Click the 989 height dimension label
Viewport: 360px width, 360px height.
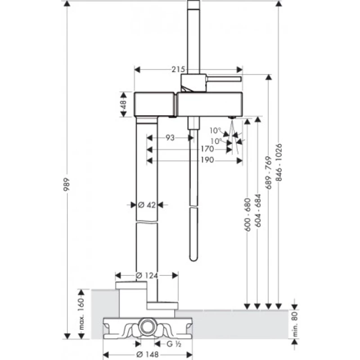(67, 184)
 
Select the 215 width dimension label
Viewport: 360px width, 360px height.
(178, 69)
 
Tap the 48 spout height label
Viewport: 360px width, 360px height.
(123, 104)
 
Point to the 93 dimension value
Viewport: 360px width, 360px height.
(170, 138)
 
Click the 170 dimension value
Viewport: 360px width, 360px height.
(207, 149)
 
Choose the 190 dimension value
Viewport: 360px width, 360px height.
(207, 160)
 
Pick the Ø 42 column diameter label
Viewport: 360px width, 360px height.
(147, 205)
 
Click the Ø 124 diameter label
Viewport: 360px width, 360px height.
(147, 275)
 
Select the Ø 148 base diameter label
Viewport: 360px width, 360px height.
(148, 355)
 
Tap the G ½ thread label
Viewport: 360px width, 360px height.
(174, 344)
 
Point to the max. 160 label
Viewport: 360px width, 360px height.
(81, 314)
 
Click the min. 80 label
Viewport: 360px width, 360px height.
(295, 324)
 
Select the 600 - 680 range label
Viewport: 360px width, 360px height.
(247, 215)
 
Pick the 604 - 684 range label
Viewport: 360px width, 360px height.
(258, 211)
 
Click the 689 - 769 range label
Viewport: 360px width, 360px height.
(268, 173)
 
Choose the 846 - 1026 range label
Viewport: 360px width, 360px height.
(279, 162)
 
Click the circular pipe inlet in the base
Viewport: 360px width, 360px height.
(148, 327)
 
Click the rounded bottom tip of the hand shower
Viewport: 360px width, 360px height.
(193, 259)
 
